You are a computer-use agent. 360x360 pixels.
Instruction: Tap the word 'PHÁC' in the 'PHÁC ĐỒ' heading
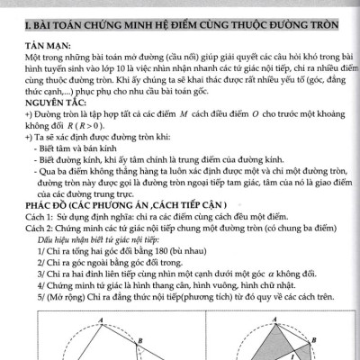coord(39,205)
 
